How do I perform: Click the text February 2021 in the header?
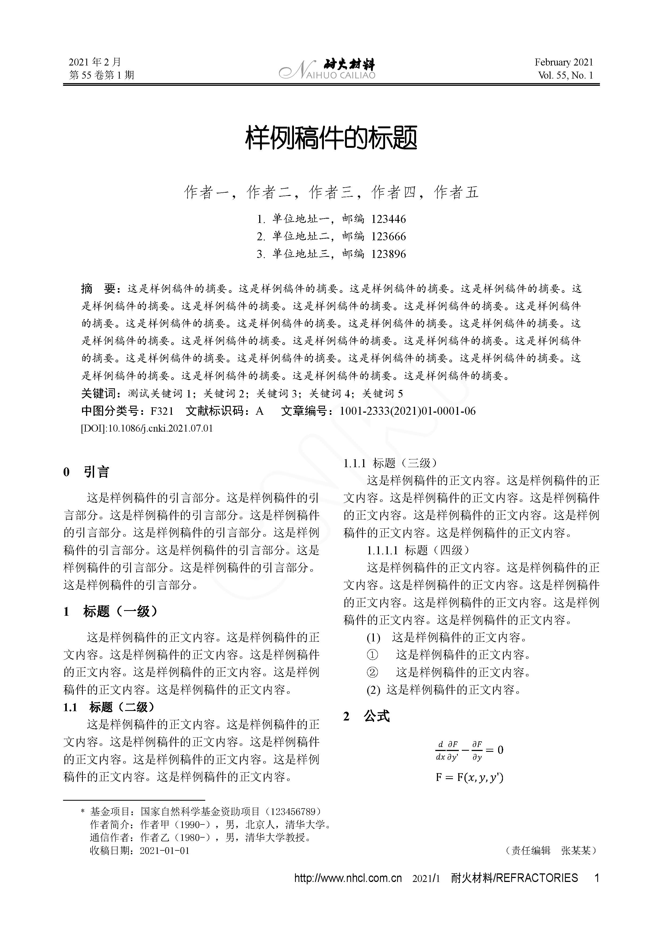click(563, 62)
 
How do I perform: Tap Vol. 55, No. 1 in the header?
click(565, 75)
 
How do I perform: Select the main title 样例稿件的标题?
click(331, 138)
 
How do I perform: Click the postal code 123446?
click(389, 219)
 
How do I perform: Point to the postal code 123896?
click(389, 254)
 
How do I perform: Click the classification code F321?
click(162, 411)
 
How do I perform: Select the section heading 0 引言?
click(87, 472)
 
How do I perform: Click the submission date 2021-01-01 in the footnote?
click(165, 850)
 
